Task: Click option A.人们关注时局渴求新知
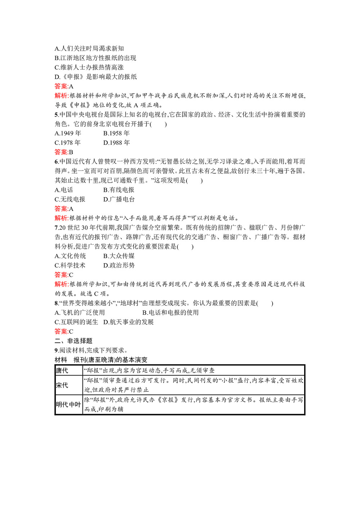[89, 49]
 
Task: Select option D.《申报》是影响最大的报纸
[96, 77]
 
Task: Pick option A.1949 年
[68, 133]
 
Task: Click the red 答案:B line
[64, 152]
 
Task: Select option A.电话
[64, 190]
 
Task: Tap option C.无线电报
[70, 199]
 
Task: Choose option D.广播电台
[119, 199]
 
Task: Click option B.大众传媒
[119, 256]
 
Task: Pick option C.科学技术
[70, 265]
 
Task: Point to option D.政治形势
[119, 265]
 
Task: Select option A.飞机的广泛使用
[80, 312]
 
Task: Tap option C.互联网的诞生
[76, 322]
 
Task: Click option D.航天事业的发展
[129, 322]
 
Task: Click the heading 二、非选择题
[73, 341]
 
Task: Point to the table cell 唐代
[62, 370]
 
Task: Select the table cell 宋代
[62, 385]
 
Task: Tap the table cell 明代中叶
[68, 405]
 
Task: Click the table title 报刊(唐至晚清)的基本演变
[111, 360]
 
